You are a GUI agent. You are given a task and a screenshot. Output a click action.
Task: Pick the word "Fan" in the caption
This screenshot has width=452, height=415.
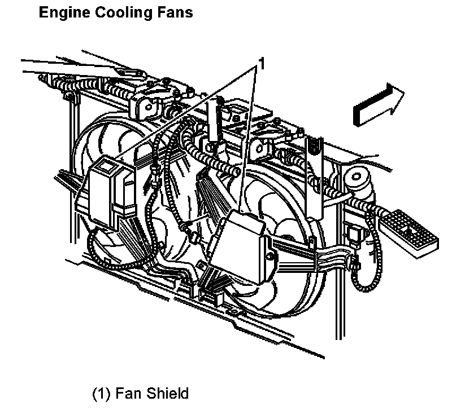pos(128,393)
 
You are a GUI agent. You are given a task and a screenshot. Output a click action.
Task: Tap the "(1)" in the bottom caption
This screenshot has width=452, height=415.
pos(102,393)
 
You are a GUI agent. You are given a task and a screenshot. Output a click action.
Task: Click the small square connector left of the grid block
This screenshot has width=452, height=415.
pos(355,232)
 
